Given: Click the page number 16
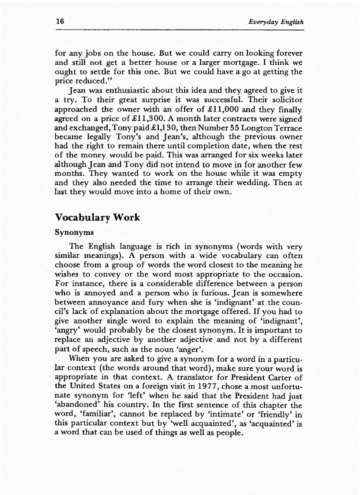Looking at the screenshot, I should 60,22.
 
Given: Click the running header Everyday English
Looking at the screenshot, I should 276,22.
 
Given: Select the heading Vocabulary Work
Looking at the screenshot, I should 97,217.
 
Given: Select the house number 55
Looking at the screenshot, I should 232,128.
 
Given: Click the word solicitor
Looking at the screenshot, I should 286,100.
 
